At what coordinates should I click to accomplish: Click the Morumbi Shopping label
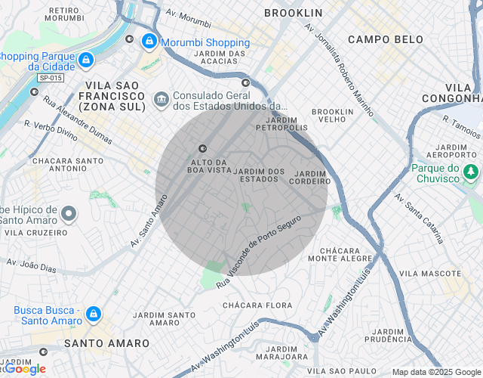click(x=205, y=42)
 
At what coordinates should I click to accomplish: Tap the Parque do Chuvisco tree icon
click(x=472, y=172)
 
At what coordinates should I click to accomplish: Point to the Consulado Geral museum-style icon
click(x=161, y=99)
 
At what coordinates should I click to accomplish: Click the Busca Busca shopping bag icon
click(x=93, y=313)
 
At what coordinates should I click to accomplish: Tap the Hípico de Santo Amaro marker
click(x=69, y=215)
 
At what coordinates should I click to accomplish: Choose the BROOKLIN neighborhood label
click(x=294, y=13)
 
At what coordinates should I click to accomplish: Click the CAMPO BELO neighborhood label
click(x=379, y=39)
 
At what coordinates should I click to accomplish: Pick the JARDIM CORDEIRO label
click(x=309, y=177)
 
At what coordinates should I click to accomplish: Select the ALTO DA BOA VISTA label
click(x=209, y=166)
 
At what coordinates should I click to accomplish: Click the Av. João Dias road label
click(x=31, y=265)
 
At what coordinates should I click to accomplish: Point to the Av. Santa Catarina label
click(x=420, y=218)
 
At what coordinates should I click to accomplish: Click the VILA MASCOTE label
click(x=429, y=272)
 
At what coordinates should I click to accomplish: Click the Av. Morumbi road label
click(x=188, y=15)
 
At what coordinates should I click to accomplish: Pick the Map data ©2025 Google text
click(x=437, y=372)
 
